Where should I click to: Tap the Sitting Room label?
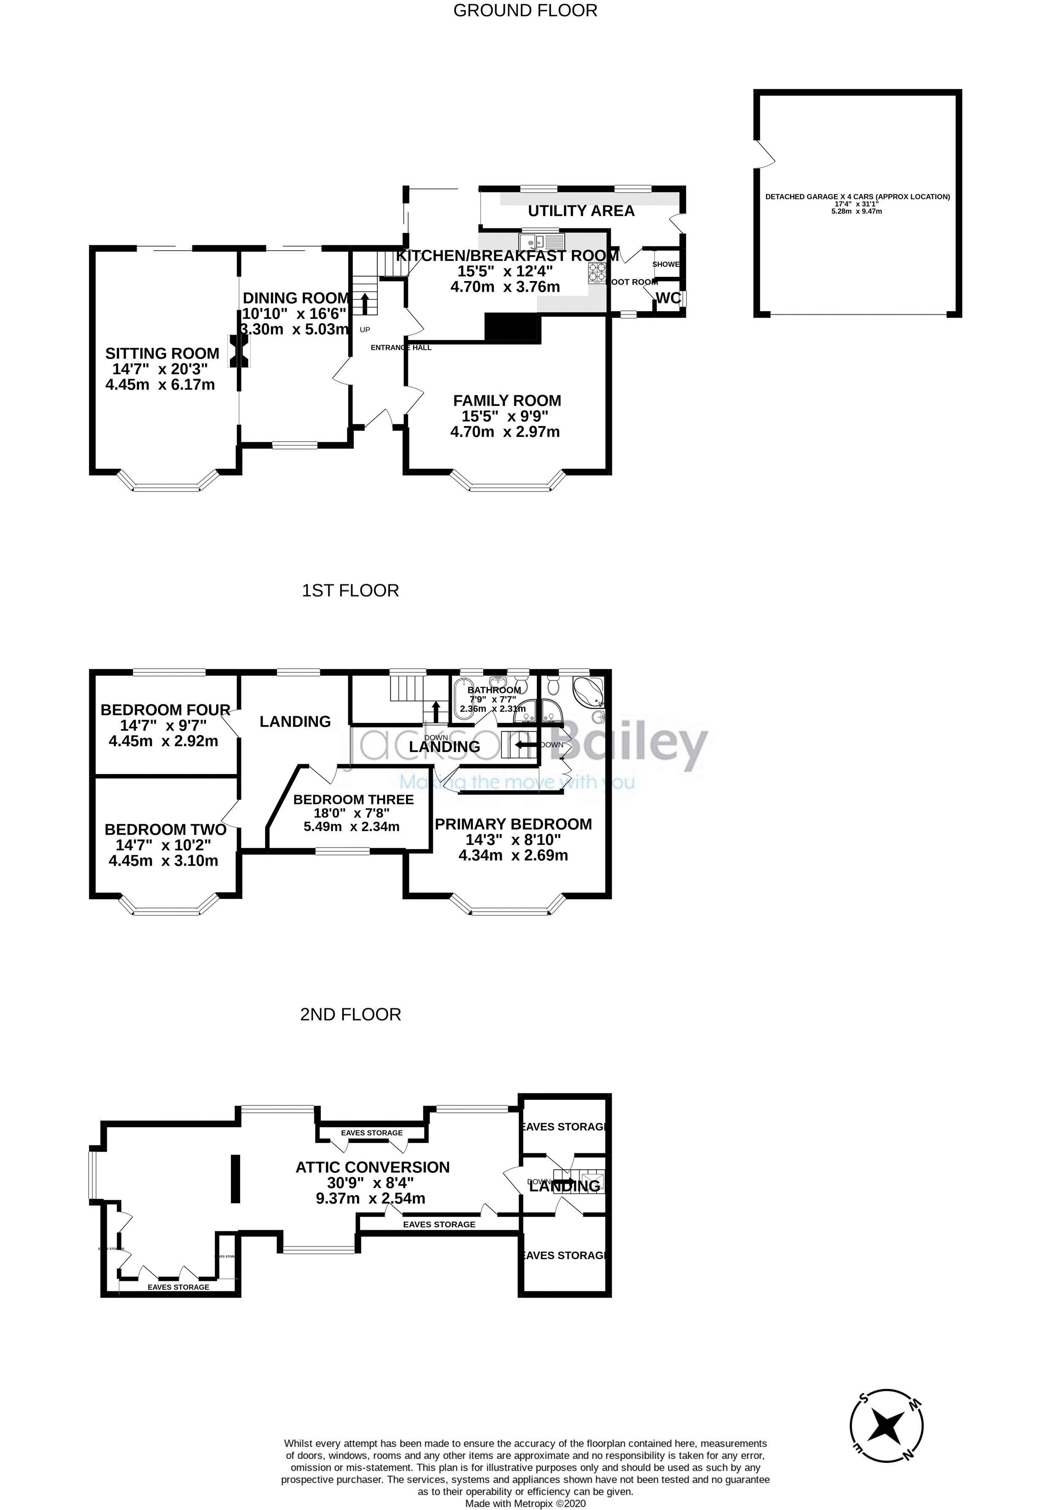[162, 354]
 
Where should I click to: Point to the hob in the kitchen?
[596, 272]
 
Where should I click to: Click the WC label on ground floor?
[668, 298]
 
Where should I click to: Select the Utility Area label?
[581, 211]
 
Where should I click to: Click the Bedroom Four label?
[165, 709]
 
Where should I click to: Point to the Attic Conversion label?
[372, 1167]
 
